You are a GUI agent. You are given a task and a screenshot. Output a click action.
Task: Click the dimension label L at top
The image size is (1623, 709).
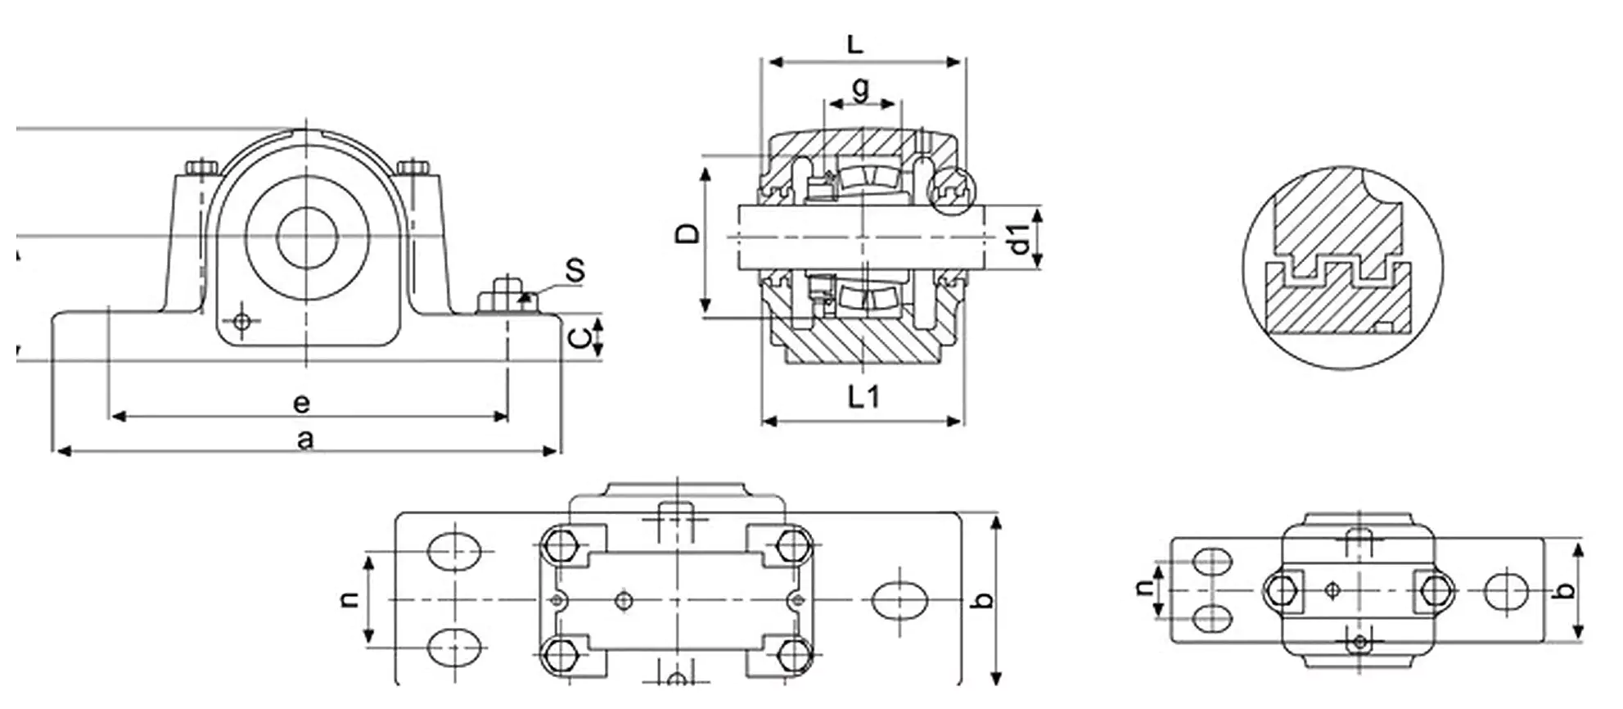point(855,43)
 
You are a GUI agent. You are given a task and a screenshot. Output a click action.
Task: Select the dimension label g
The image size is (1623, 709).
point(860,87)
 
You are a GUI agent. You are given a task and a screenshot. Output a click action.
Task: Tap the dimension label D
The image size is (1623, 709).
point(688,233)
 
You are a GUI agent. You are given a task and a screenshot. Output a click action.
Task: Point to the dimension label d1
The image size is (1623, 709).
point(1018,238)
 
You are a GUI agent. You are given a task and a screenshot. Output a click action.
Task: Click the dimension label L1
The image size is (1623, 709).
point(863,397)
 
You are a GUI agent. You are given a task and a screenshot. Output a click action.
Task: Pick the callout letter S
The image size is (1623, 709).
point(576,270)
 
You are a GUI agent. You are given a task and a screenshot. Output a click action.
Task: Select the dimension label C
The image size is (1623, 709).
point(579,337)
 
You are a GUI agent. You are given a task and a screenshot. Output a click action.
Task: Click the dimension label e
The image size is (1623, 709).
point(301,403)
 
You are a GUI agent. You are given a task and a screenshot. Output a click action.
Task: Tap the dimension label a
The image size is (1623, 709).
point(305,440)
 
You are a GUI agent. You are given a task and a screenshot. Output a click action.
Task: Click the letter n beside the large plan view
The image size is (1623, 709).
point(349,600)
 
